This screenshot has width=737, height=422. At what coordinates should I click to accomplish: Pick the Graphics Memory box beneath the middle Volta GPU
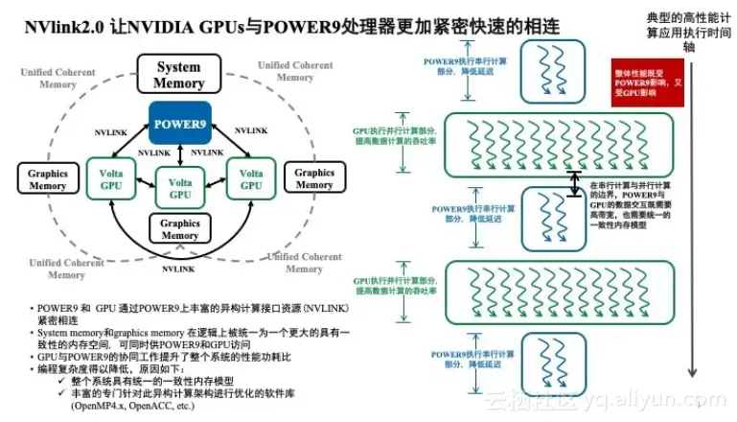[180, 228]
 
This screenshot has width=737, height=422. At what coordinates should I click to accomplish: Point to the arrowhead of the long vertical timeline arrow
[691, 377]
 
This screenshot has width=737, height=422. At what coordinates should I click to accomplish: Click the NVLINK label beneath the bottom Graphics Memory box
[180, 270]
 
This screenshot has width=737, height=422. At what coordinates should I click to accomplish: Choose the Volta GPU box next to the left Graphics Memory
[111, 178]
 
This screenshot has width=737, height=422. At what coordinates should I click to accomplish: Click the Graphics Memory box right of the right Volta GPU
[314, 178]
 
